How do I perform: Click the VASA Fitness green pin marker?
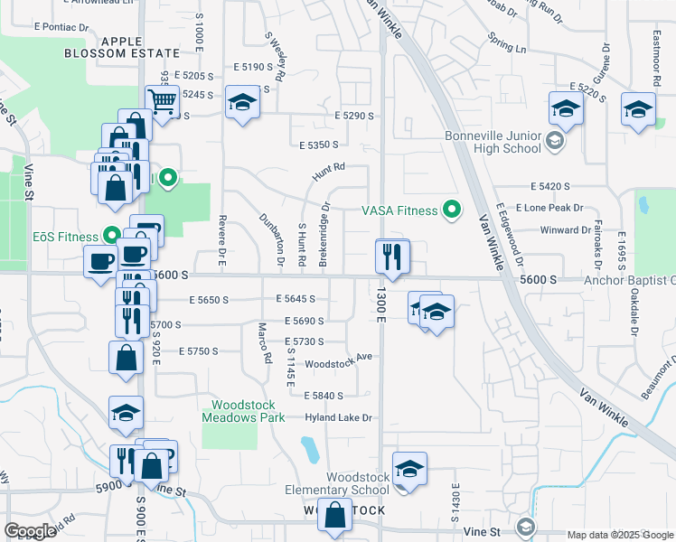click(453, 210)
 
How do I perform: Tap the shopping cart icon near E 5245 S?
click(162, 102)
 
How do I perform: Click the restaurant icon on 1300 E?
click(393, 257)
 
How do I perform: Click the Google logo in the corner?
click(30, 531)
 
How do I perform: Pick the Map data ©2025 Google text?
click(619, 535)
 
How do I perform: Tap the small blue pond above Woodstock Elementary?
click(307, 448)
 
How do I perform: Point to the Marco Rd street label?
click(265, 343)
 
